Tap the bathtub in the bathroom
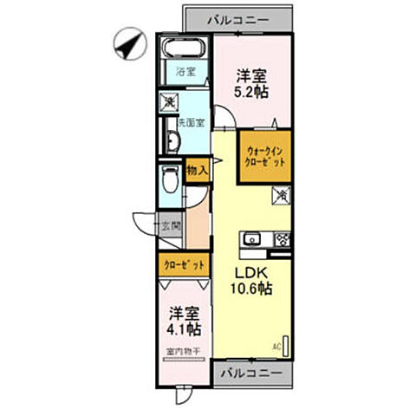coord(182,49)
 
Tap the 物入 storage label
coord(198,171)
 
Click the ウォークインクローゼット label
coord(264,154)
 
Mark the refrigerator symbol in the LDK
coord(282,197)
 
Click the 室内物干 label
coord(183,352)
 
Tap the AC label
coord(279,346)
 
